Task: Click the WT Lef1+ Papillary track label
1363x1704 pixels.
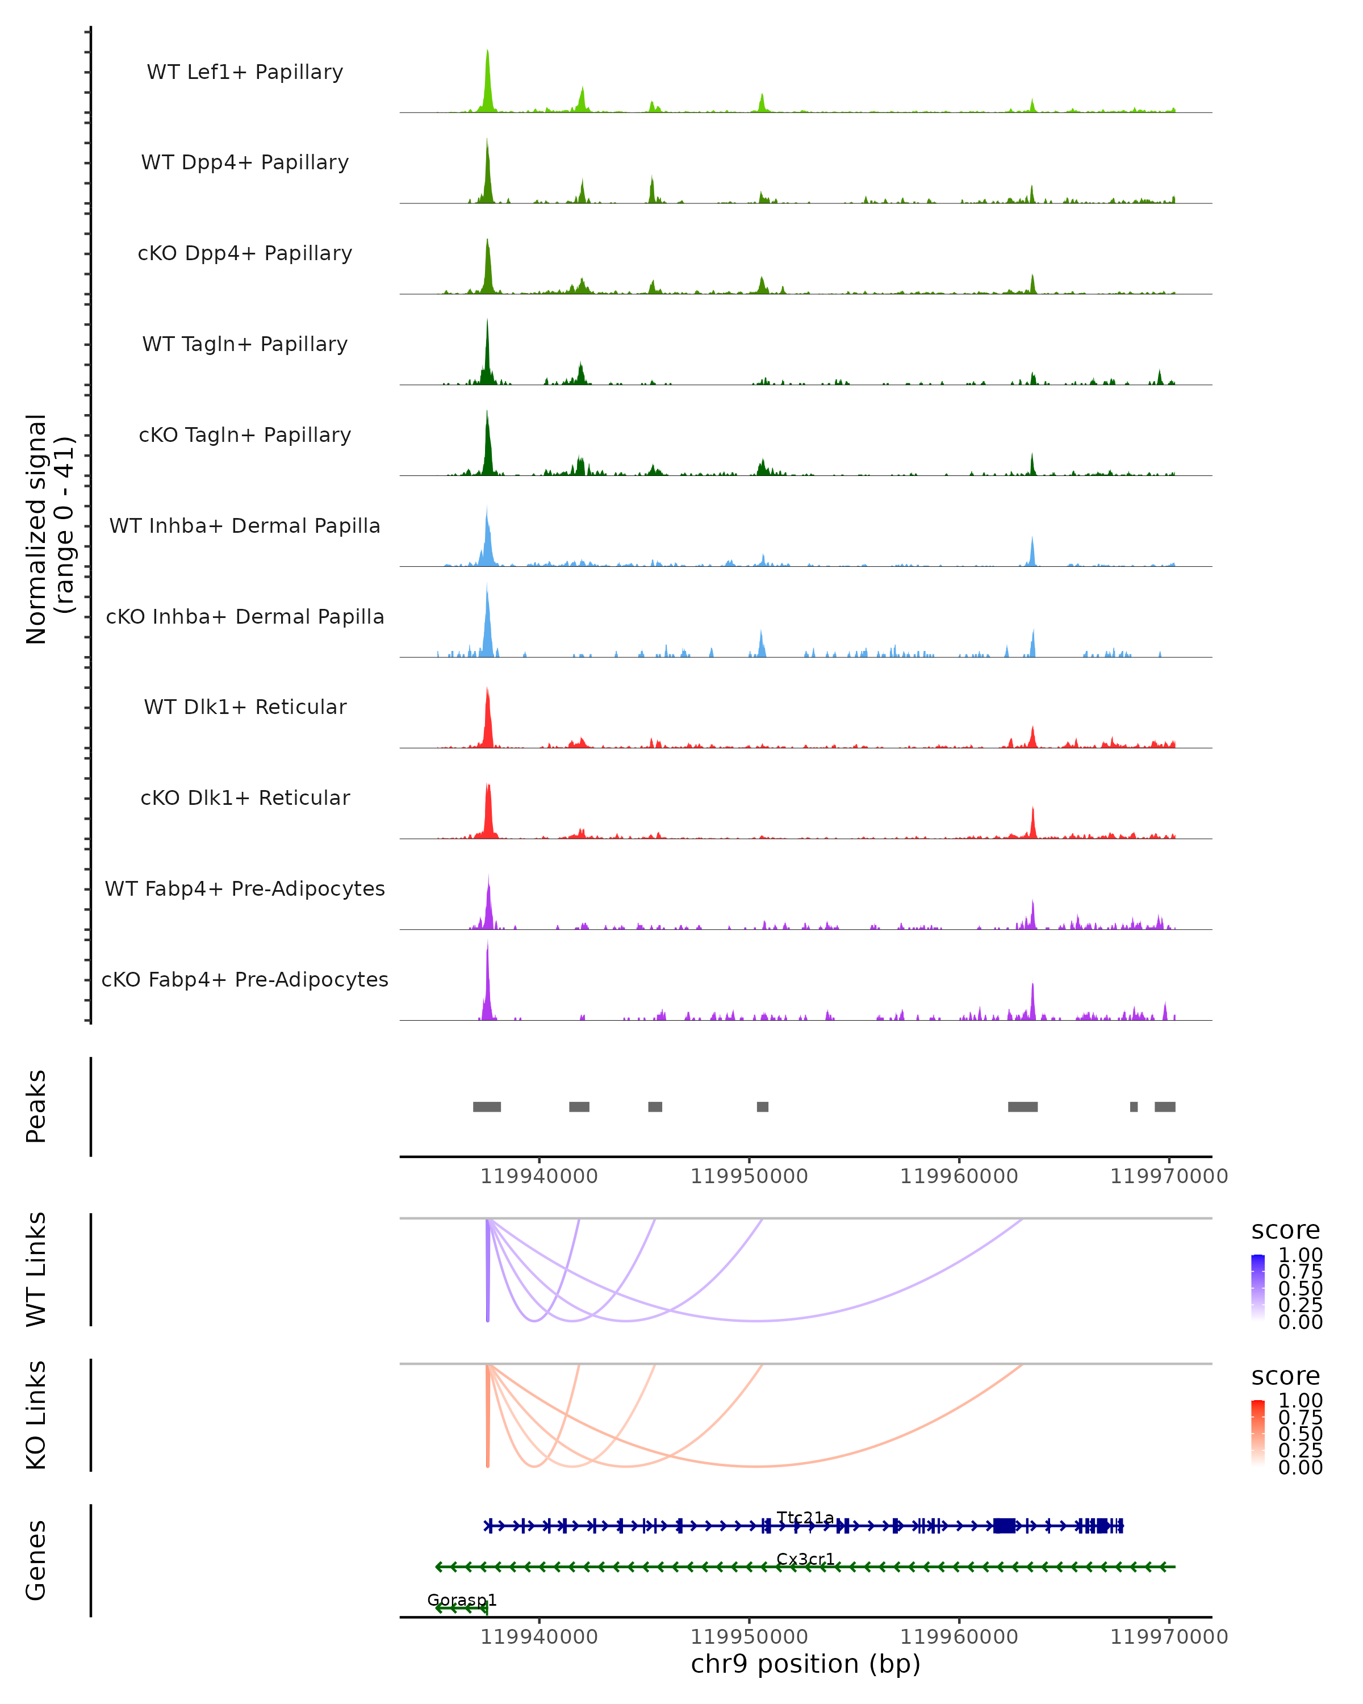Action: pyautogui.click(x=245, y=72)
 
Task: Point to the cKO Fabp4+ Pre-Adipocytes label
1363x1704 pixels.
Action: pyautogui.click(x=245, y=979)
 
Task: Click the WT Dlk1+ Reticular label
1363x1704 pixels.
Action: pyautogui.click(x=245, y=707)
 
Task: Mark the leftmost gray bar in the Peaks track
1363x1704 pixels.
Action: pyautogui.click(x=487, y=1106)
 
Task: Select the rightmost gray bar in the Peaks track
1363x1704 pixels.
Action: pyautogui.click(x=1165, y=1106)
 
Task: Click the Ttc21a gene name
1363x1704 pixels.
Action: pyautogui.click(x=805, y=1518)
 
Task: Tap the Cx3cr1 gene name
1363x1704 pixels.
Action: pyautogui.click(x=805, y=1559)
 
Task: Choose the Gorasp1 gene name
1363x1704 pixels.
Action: pyautogui.click(x=462, y=1599)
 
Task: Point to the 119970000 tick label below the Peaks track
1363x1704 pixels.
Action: pyautogui.click(x=1169, y=1176)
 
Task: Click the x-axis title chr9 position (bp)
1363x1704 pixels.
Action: pyautogui.click(x=805, y=1664)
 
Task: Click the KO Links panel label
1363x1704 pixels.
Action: pyautogui.click(x=36, y=1415)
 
